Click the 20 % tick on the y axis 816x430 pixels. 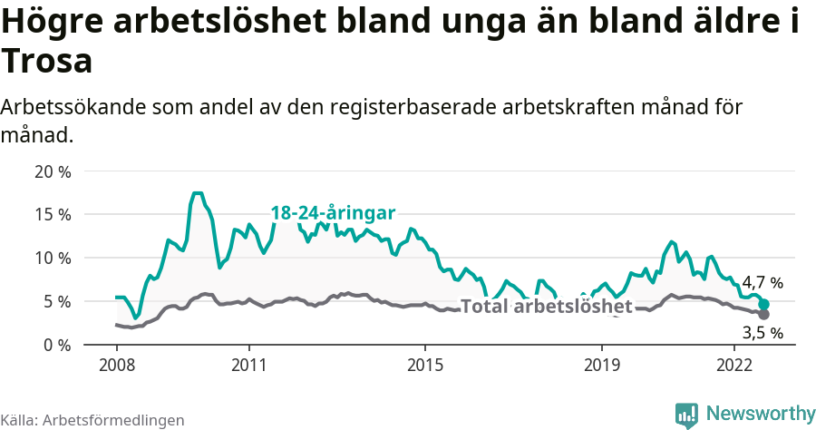[x=52, y=171]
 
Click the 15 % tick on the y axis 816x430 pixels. [x=52, y=215]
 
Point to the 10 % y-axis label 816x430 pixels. [x=52, y=259]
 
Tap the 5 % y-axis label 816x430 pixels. [x=56, y=302]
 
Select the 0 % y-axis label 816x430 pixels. [x=56, y=346]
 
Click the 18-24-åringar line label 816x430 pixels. [x=333, y=213]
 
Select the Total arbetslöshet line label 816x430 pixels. [x=546, y=307]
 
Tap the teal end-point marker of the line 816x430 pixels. [x=764, y=305]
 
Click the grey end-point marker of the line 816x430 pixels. [x=763, y=314]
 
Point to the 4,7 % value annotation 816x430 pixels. [x=762, y=283]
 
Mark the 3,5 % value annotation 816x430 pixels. [x=762, y=333]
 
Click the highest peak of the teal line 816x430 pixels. [x=198, y=193]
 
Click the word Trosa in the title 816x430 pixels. [x=47, y=63]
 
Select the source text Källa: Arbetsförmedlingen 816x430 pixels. [x=92, y=420]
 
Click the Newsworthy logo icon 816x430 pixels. [x=686, y=415]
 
